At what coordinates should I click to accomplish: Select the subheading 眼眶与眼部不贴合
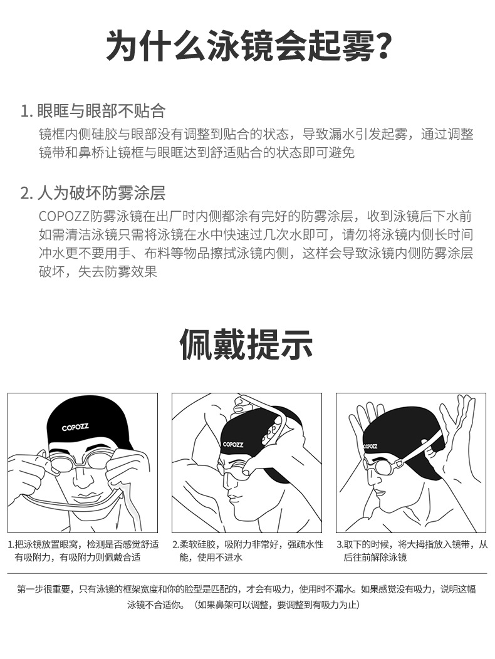pos(101,111)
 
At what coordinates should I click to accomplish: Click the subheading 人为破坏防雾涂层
pos(101,194)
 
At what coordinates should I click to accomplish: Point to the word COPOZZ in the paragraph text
pos(65,216)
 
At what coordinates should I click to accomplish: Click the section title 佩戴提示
pos(247,344)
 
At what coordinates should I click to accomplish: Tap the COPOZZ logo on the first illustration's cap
pos(75,427)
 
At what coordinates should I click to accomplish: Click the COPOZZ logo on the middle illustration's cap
pos(233,444)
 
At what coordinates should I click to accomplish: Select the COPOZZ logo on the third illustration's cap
pos(370,446)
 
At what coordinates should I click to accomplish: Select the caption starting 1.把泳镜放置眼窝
pos(83,551)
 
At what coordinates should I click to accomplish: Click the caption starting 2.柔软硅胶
pos(247,551)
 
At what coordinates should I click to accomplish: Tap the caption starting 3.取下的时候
pos(412,551)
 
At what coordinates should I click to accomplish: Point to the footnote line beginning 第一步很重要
pos(246,589)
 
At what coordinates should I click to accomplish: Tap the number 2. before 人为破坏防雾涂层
pos(26,194)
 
